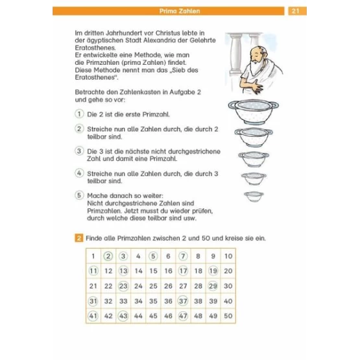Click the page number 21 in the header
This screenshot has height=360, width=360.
point(296,11)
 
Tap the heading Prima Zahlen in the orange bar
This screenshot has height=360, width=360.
point(180,11)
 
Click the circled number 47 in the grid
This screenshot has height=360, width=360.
point(183,316)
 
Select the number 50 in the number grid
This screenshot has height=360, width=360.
point(228,316)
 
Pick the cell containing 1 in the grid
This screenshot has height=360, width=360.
point(93,256)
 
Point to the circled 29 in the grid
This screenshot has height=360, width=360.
point(213,286)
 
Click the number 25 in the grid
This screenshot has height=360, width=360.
point(153,286)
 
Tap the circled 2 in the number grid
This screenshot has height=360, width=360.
point(108,256)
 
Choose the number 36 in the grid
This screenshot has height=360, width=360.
point(168,301)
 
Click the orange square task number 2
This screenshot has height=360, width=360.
point(78,238)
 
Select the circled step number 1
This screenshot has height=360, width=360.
point(79,114)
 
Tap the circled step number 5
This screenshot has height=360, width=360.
point(79,195)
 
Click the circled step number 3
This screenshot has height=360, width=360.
point(79,151)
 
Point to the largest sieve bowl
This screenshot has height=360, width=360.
point(254,112)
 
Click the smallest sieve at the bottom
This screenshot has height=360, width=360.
point(254,197)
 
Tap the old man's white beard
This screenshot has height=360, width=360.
point(256,67)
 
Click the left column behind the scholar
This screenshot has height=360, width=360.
point(235,54)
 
